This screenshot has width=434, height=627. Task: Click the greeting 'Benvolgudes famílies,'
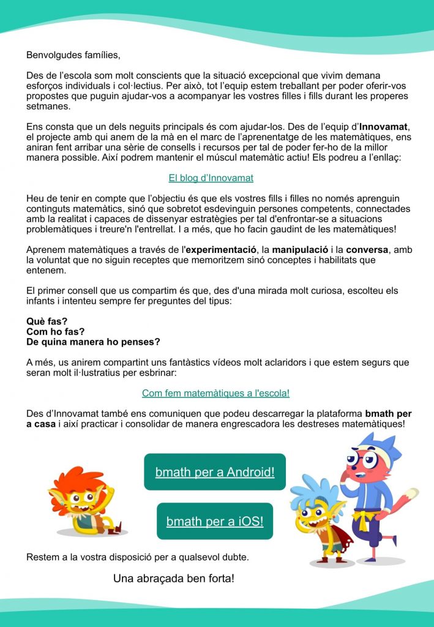click(73, 55)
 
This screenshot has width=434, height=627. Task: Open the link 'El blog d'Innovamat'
click(211, 178)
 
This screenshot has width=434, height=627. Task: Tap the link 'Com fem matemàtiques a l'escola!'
click(215, 393)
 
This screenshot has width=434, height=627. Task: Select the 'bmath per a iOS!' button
click(215, 521)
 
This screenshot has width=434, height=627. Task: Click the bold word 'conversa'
click(366, 250)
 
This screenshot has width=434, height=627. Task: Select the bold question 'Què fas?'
click(47, 321)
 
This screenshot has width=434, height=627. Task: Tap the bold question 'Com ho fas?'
click(54, 331)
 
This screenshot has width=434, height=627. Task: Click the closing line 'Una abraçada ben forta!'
click(174, 578)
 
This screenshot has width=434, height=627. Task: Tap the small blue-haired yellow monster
click(319, 520)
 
